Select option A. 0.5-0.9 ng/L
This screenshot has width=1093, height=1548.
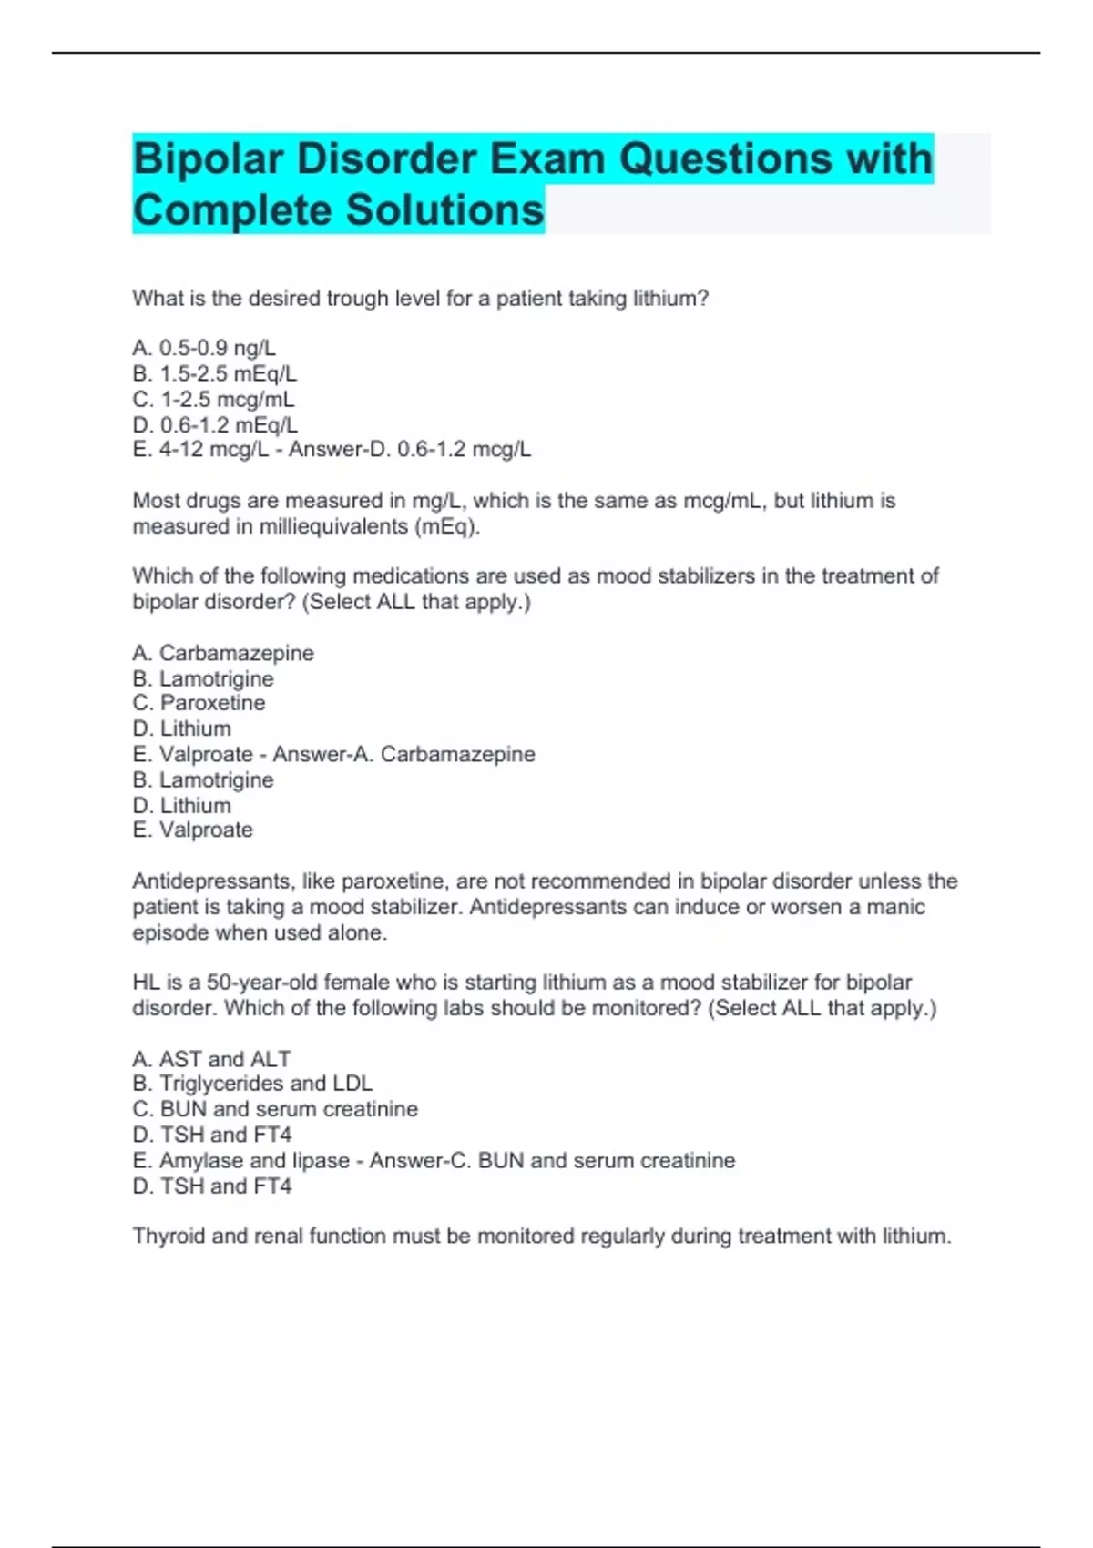(204, 348)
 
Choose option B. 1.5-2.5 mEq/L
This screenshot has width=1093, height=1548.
(214, 373)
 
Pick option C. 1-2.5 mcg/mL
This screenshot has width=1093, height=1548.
(213, 399)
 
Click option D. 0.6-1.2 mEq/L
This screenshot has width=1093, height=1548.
(215, 424)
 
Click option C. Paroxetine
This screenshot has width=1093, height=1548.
(199, 703)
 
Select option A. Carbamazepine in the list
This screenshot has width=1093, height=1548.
(223, 653)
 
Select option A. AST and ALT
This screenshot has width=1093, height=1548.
(211, 1059)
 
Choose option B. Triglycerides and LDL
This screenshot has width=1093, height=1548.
(252, 1084)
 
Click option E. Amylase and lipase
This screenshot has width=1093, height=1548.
(241, 1161)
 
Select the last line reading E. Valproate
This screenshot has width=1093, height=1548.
(192, 830)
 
